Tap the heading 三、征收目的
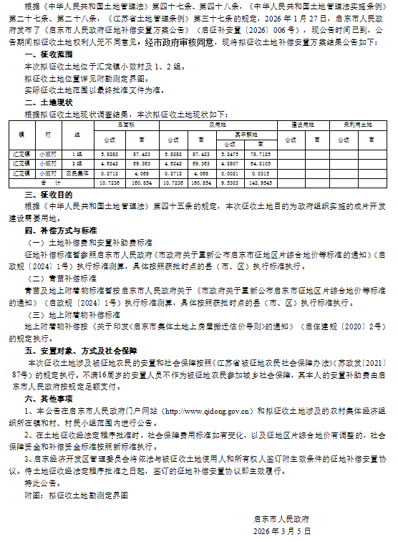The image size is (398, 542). (x=49, y=194)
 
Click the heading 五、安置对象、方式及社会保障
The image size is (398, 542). (x=79, y=352)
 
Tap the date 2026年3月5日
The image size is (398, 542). (x=282, y=532)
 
